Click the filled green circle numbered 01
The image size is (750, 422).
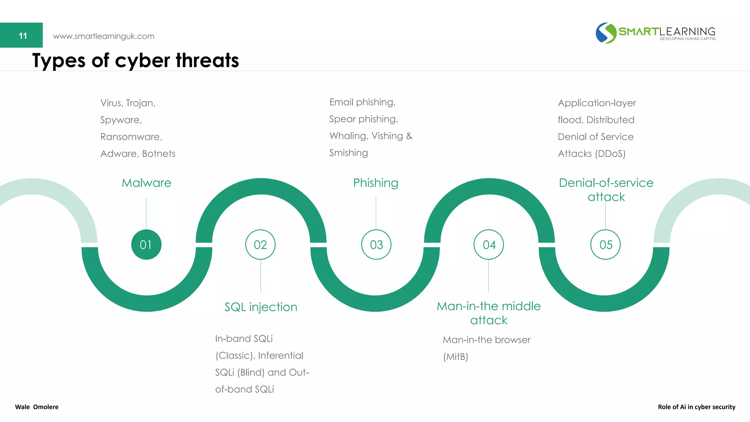pos(146,245)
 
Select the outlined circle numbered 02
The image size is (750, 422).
pos(260,245)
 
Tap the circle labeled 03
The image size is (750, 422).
pos(376,245)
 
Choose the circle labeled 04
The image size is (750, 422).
pos(489,245)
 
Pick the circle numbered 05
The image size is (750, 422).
pos(605,245)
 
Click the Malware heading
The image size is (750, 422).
pos(146,183)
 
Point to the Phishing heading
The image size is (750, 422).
pos(376,183)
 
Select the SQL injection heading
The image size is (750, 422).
pos(261,307)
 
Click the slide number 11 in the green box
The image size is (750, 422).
pos(23,36)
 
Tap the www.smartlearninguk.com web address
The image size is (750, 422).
pos(104,36)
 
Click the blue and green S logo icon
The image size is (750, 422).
pos(606,33)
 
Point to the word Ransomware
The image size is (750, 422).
pos(131,137)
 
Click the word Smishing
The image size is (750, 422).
pos(348,153)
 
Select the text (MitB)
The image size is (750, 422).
pos(456,356)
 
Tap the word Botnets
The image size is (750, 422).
pos(159,154)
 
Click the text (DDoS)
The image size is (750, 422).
pos(610,154)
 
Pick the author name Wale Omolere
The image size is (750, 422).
pos(37,407)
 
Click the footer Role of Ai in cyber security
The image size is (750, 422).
pos(697,407)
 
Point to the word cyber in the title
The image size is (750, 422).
pos(142,60)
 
